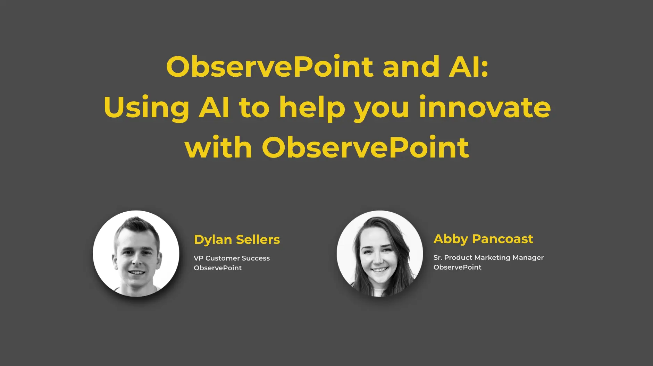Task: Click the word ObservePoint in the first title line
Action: point(270,66)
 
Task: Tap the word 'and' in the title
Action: point(411,66)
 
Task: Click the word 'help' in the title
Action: point(312,108)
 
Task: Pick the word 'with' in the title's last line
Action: point(218,147)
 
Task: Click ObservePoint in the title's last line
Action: point(365,147)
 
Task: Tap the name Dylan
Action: point(213,240)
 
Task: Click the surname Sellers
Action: point(258,239)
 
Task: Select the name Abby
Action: point(451,239)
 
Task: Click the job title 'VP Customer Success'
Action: point(232,258)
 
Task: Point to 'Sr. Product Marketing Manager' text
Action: point(488,258)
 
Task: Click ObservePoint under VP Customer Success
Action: point(218,268)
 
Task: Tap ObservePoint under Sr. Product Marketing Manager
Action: point(458,267)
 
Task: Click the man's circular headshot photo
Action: point(136,254)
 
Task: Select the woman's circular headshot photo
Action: point(380,254)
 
